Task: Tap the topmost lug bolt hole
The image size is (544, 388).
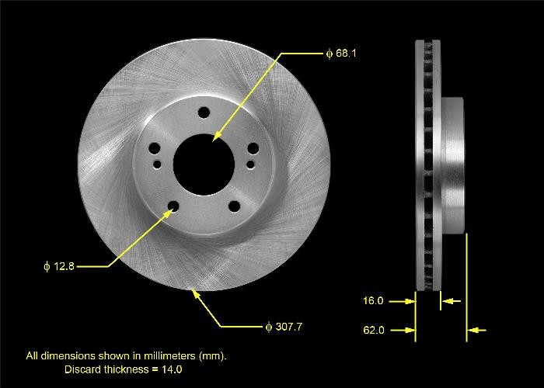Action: (x=204, y=113)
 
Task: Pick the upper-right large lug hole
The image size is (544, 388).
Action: (x=253, y=150)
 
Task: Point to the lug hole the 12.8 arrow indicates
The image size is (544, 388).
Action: (x=173, y=206)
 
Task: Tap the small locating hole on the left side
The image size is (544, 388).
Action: (x=158, y=164)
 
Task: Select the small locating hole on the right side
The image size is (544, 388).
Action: (x=249, y=164)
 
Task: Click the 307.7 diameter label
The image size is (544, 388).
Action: (x=283, y=326)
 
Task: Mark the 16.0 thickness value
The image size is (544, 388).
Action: (x=373, y=300)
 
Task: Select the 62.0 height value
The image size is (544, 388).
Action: (x=373, y=331)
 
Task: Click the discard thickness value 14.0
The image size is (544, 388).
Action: (x=173, y=369)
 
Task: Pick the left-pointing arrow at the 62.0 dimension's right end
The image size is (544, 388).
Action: (x=476, y=331)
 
